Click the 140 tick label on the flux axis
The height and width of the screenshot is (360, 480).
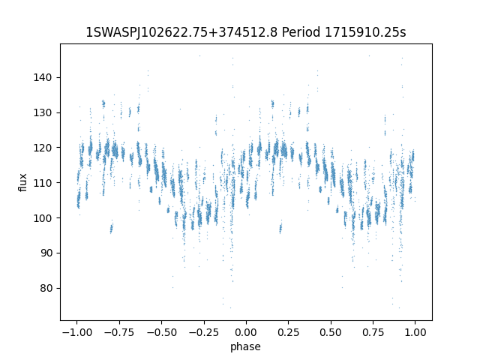(43, 77)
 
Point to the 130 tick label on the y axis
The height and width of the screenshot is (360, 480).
(43, 112)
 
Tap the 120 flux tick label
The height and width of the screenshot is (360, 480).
(43, 148)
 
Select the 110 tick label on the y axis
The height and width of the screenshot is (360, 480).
(43, 183)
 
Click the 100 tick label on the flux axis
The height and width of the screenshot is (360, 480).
(43, 218)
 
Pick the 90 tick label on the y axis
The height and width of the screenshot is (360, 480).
(46, 253)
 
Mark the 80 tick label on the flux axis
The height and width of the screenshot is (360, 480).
(46, 288)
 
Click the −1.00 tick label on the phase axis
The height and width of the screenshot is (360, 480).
(76, 332)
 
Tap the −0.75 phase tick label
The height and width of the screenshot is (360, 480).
(119, 332)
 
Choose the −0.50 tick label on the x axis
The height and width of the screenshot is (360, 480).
(162, 332)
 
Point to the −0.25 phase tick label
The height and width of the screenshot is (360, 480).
(204, 332)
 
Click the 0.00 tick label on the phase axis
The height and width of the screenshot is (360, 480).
(246, 332)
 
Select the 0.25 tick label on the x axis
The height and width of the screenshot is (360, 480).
(288, 332)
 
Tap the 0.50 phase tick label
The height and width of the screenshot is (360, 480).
(331, 332)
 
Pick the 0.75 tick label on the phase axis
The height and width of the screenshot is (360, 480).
(373, 332)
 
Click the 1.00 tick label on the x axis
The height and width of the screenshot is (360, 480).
(415, 332)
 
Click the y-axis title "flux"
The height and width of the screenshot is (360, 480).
(22, 182)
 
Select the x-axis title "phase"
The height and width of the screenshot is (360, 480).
(245, 346)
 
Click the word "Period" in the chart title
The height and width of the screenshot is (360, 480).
(301, 32)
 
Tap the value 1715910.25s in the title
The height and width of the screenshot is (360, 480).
(365, 32)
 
